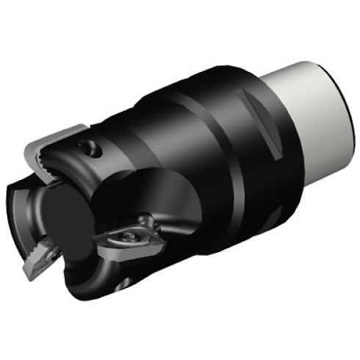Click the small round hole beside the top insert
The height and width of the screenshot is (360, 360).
92,149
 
